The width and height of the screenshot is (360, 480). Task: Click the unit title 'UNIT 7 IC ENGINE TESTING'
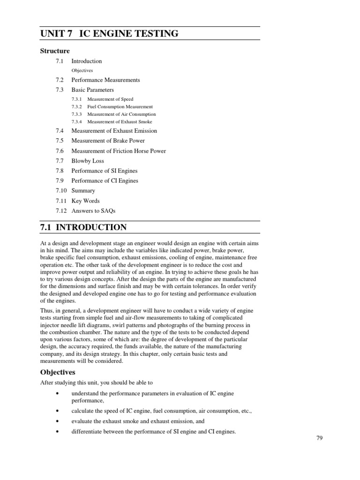coord(110,33)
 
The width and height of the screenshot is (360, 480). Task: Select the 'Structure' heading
coord(54,51)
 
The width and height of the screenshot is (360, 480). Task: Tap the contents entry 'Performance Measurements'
coord(105,80)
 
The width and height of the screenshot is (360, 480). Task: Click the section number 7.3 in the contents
coord(59,90)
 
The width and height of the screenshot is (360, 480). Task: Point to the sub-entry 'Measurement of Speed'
coord(110,99)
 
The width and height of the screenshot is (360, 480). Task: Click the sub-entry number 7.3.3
coord(76,114)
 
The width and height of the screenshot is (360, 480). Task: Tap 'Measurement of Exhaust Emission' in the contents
coord(114,131)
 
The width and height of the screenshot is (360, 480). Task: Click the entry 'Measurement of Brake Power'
coord(108,141)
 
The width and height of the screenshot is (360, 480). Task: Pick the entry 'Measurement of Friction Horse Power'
coord(119,151)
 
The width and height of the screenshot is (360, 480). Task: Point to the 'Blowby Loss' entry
coord(88,161)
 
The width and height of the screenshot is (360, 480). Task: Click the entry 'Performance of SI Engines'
coord(104,171)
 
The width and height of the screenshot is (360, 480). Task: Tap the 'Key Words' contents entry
coord(85,201)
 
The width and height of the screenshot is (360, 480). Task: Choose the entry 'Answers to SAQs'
coord(93,211)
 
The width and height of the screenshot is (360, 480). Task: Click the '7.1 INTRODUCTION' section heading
coord(84,228)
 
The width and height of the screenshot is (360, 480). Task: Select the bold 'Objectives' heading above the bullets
coord(58,372)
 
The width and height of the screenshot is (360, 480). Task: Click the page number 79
coord(320,438)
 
